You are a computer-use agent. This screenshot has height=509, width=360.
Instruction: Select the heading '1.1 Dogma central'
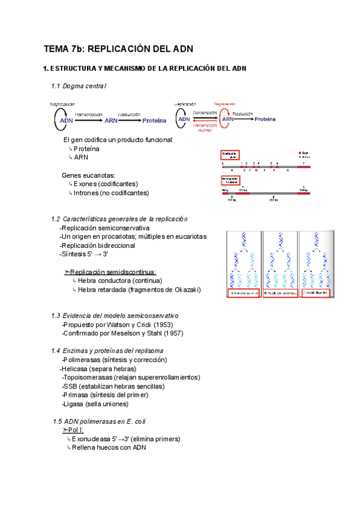(79, 86)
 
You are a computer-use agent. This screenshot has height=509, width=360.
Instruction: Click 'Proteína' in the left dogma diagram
(154, 121)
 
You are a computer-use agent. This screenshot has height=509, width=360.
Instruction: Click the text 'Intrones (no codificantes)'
(111, 193)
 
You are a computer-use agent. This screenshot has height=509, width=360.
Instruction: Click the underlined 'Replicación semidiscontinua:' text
(113, 272)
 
